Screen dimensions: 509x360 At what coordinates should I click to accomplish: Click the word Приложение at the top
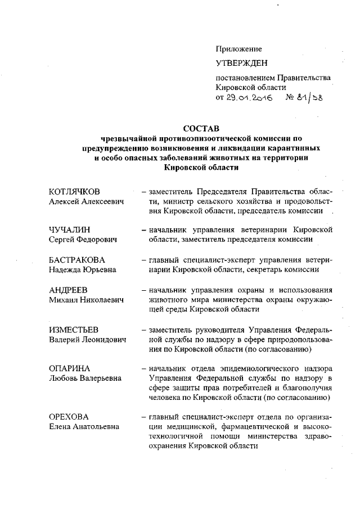click(x=239, y=49)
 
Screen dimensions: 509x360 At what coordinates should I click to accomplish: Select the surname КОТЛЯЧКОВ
click(x=78, y=192)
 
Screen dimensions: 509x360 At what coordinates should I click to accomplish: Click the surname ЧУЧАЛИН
click(x=70, y=231)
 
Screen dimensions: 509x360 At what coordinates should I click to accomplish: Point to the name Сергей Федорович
click(x=83, y=240)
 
